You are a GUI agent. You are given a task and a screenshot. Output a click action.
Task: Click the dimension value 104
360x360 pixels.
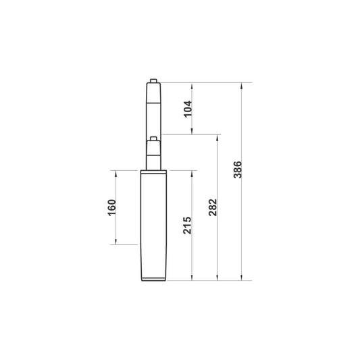click(188, 108)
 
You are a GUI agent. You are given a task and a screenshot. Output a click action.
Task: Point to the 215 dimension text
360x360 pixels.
click(188, 225)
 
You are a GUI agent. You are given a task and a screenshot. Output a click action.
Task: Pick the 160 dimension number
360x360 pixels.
click(112, 207)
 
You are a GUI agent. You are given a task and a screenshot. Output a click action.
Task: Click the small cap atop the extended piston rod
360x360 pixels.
click(154, 80)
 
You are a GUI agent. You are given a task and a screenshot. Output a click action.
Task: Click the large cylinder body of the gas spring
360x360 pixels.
click(153, 223)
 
